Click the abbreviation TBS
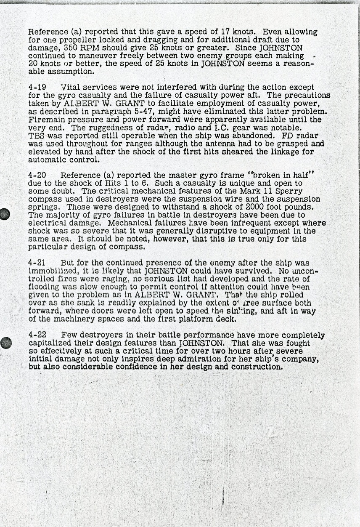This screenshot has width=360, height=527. click(35, 136)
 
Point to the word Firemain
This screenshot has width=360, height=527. click(45, 119)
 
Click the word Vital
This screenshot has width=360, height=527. click(70, 88)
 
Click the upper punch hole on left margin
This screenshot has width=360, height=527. click(5, 214)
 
